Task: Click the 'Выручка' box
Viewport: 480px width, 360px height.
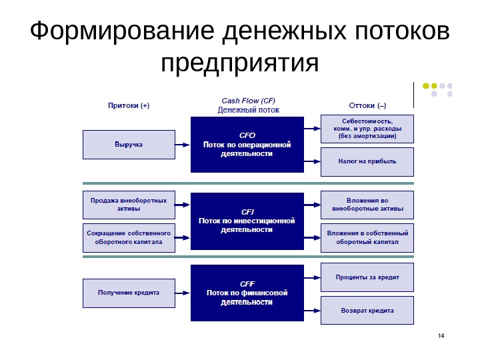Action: click(129, 145)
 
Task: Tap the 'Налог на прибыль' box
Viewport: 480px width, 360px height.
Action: click(367, 161)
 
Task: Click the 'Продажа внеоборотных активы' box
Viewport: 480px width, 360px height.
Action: click(129, 205)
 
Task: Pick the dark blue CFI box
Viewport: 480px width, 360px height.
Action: click(246, 221)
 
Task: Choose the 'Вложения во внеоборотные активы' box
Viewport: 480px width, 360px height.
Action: click(367, 205)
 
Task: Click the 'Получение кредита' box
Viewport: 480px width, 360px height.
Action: click(129, 293)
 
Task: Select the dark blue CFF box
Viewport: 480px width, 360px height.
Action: click(246, 293)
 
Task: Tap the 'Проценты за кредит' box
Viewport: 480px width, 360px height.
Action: click(367, 277)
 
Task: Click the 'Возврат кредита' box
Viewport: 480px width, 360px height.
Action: click(367, 310)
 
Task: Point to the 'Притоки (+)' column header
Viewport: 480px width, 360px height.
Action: click(129, 105)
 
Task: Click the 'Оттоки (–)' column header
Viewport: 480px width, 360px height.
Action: click(367, 105)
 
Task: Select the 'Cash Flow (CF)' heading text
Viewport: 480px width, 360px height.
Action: click(248, 101)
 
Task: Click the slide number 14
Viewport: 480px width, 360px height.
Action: click(441, 335)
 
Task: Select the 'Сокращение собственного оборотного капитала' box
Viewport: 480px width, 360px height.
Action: click(129, 238)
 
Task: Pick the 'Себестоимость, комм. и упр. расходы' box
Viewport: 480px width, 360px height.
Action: click(367, 128)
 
